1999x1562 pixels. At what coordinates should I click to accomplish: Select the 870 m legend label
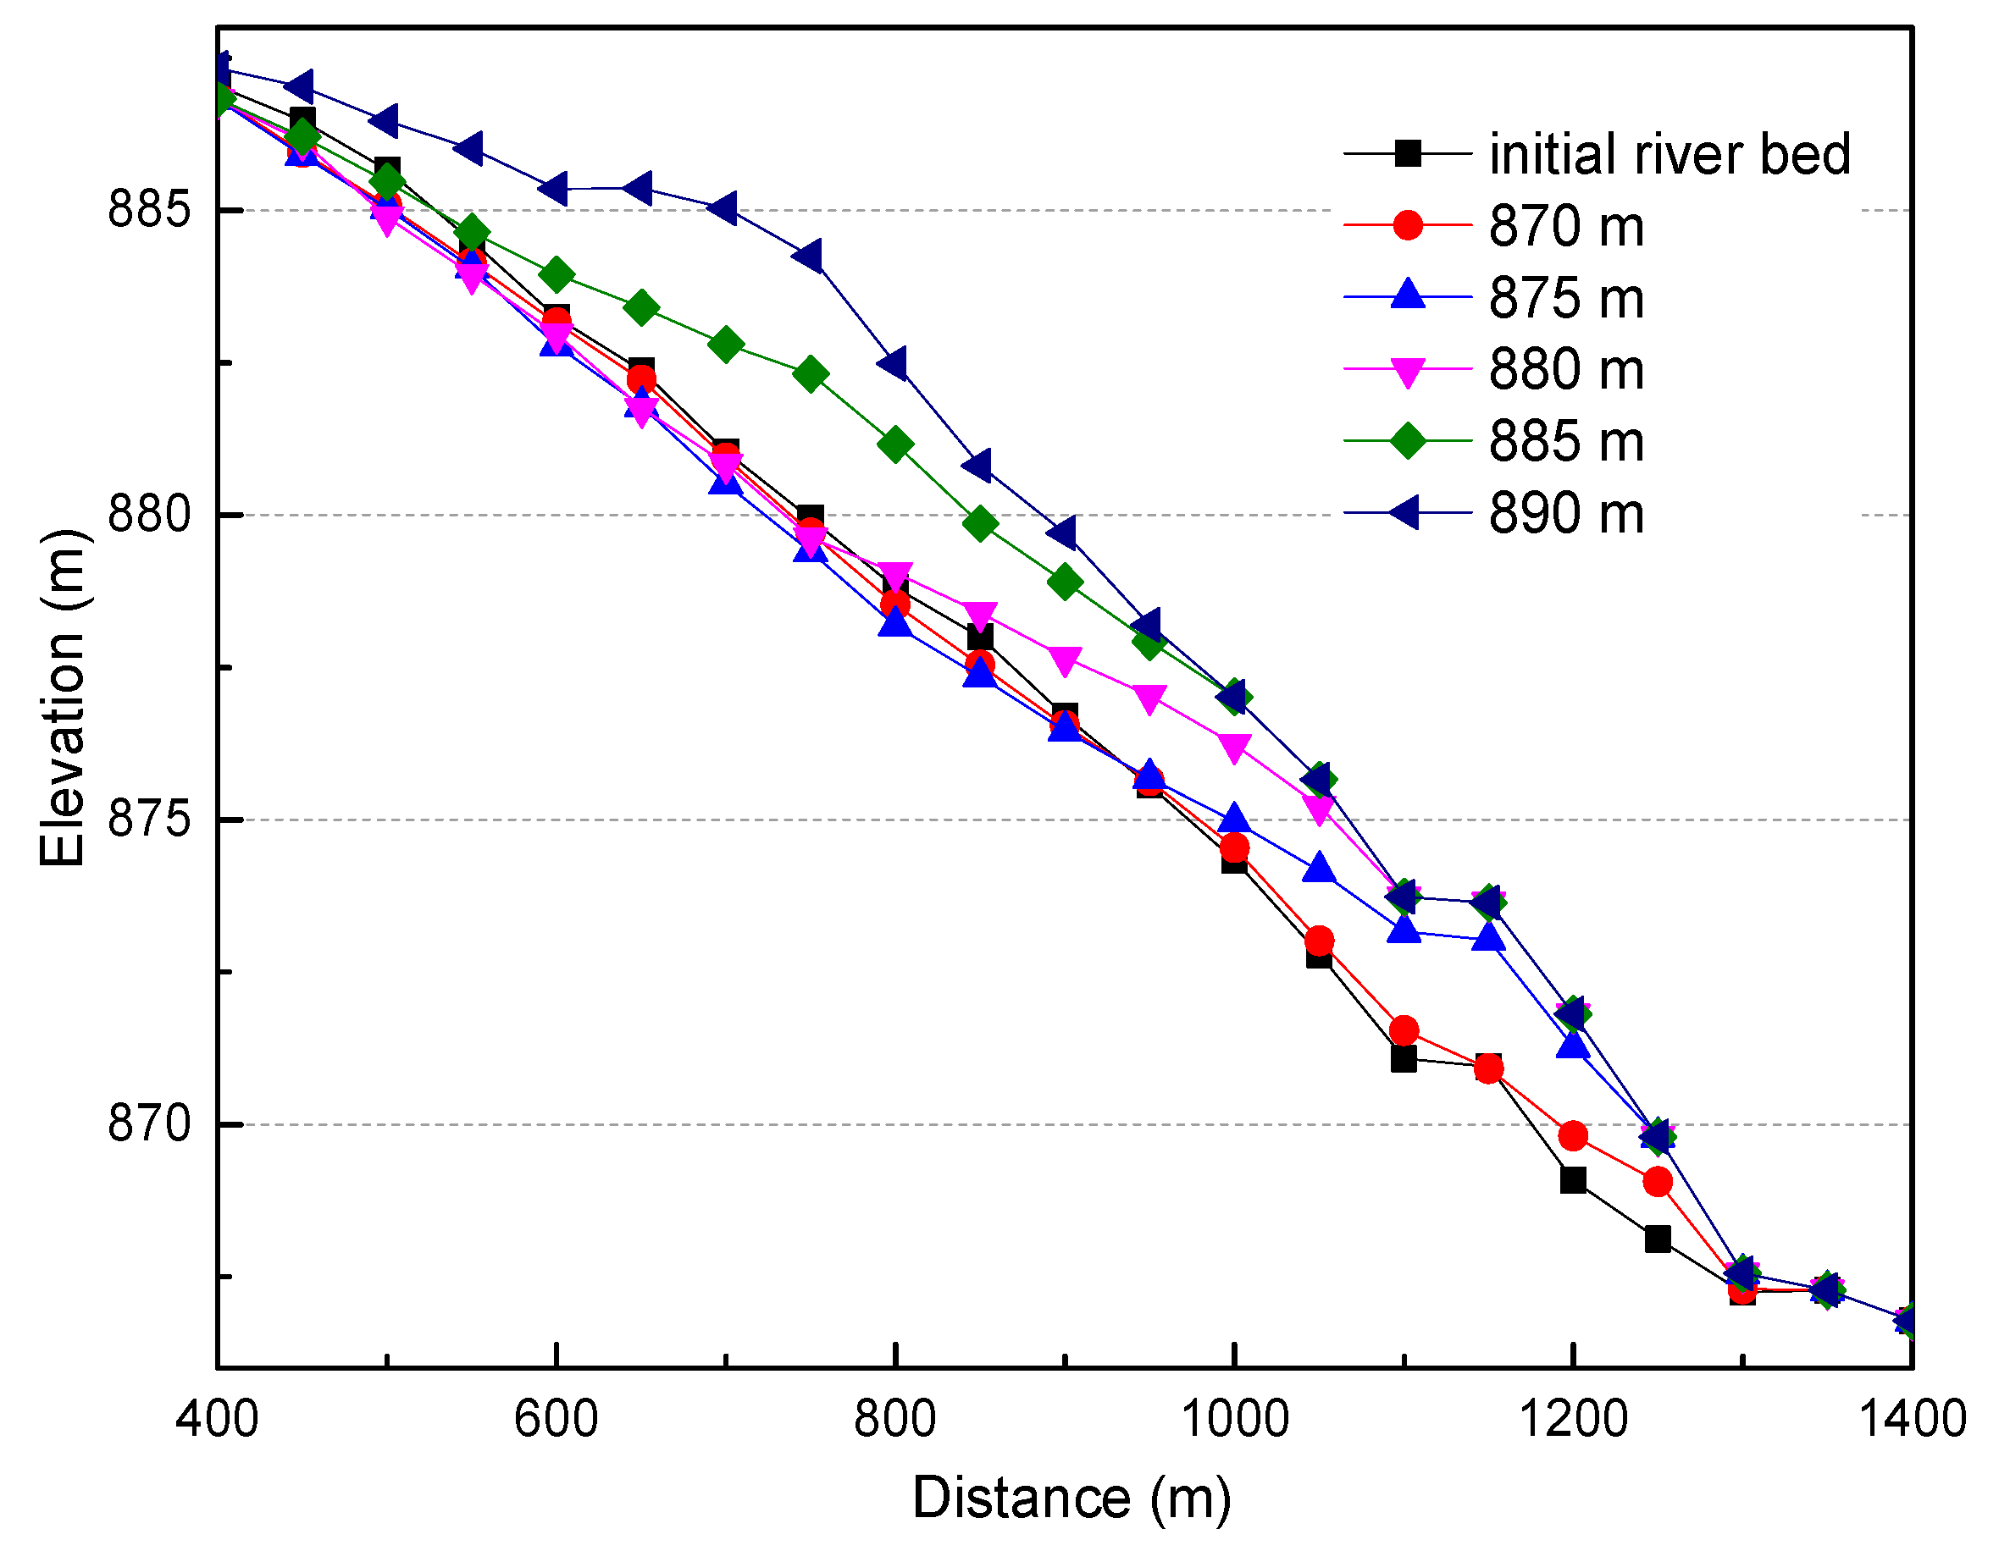[1566, 226]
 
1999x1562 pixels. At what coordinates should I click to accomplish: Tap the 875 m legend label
[1566, 297]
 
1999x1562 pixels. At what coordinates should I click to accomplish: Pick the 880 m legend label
[1566, 369]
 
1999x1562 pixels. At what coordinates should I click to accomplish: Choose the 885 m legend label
[1566, 441]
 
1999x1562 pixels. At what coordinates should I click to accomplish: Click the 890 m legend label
[1566, 512]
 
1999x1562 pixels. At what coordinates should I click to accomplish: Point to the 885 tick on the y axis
[149, 210]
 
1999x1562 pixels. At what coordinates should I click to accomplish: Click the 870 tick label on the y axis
[149, 1123]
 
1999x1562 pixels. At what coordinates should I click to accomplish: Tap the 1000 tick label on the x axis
[1234, 1419]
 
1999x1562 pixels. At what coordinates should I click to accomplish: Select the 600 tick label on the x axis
[556, 1419]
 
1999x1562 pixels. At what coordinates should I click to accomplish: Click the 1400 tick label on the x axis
[1912, 1419]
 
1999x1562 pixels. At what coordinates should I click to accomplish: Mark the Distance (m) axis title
[1071, 1499]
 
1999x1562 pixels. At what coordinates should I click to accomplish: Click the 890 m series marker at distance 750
[807, 257]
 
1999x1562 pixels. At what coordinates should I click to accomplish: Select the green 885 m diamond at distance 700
[726, 344]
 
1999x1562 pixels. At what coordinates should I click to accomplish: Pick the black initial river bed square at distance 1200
[1572, 1179]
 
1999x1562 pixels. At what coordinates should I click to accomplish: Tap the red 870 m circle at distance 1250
[1658, 1181]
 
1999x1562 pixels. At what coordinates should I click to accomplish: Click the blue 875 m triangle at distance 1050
[1318, 868]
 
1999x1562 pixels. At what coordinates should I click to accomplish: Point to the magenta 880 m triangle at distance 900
[1065, 660]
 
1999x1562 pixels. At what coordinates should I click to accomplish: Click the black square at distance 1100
[1404, 1059]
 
